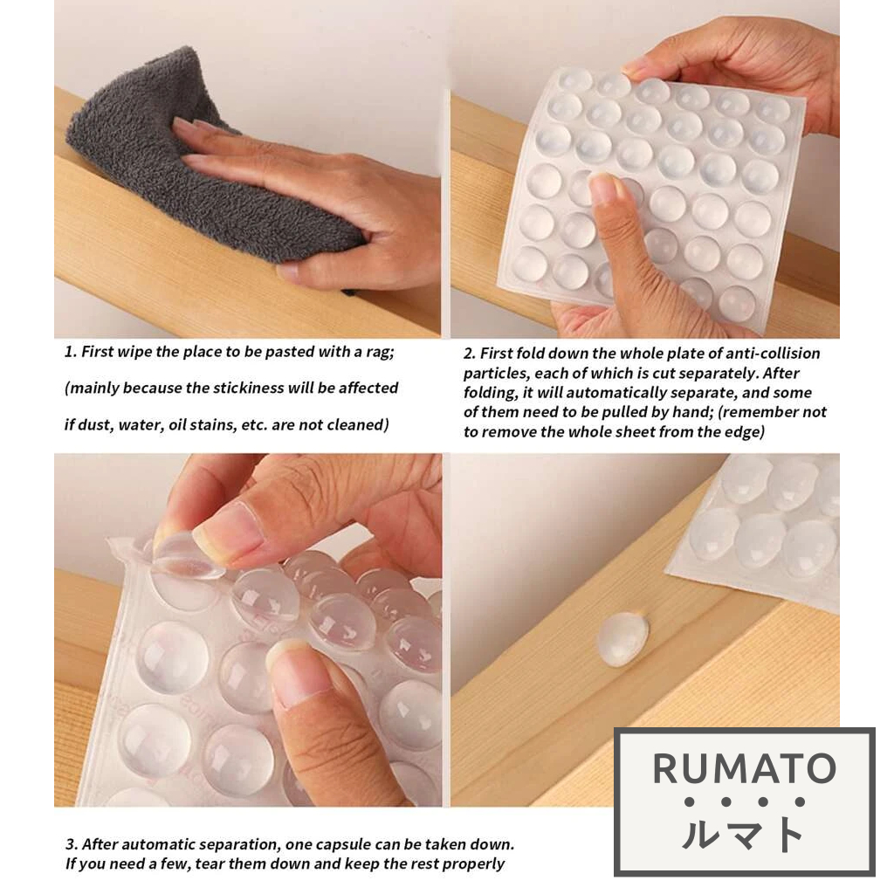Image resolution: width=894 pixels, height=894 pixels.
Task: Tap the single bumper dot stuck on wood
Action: pos(622,639)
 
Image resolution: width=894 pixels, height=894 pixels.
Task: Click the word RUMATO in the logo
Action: pos(744,769)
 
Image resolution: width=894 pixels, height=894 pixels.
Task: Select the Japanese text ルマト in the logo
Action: pos(743,834)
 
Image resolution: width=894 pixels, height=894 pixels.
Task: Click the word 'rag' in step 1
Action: pos(379,353)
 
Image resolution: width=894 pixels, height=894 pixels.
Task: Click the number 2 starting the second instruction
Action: pos(469,354)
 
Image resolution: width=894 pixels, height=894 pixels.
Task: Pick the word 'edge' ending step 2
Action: pos(747,432)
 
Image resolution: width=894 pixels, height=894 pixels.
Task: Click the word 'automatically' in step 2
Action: pos(610,393)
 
